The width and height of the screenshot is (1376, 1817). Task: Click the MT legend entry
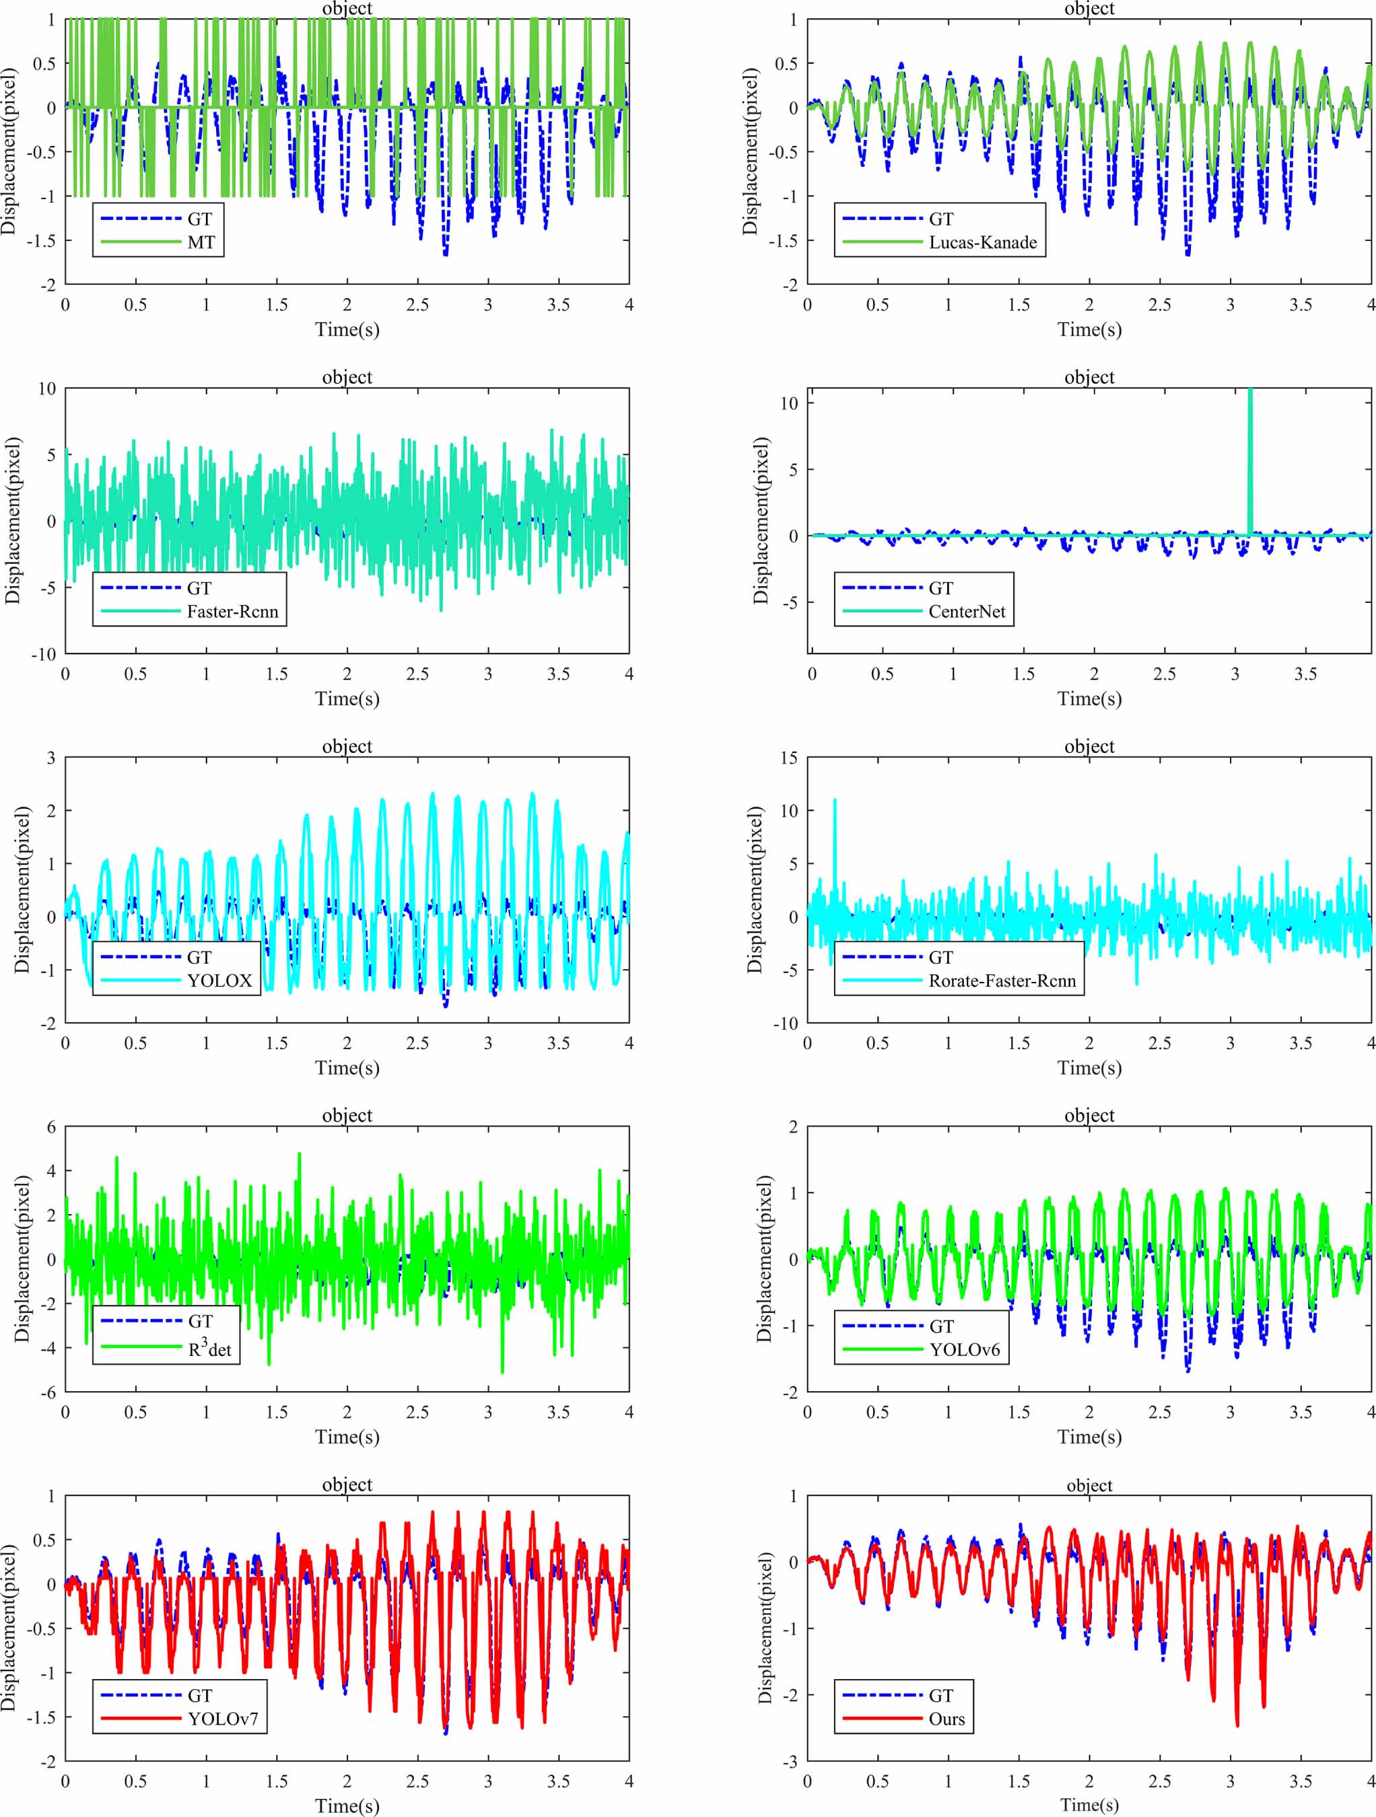201,242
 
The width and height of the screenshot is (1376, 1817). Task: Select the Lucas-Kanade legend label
982,242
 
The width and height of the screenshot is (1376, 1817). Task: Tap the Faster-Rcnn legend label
232,611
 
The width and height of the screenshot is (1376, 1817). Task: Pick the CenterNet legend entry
967,611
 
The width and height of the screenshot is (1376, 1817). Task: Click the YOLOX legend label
219,981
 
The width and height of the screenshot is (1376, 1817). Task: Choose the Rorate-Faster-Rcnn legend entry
1002,981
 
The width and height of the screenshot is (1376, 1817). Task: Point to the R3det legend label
209,1349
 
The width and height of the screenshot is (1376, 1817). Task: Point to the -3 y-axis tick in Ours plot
790,1761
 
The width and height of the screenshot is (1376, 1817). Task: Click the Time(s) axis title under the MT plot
347,329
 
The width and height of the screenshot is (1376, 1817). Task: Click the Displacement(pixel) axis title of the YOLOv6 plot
764,1258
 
